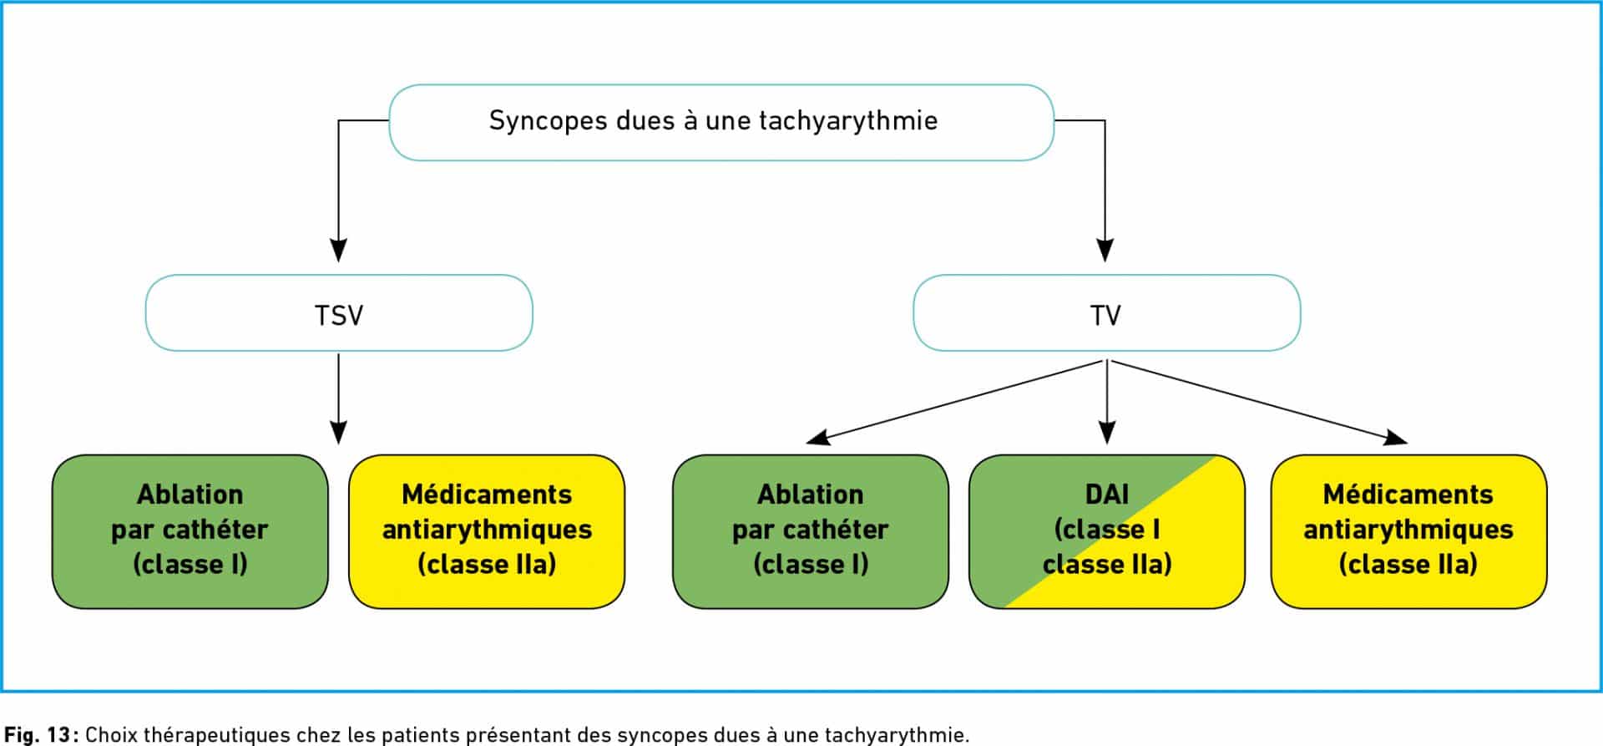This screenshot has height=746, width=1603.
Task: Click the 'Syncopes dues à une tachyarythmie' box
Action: (x=721, y=122)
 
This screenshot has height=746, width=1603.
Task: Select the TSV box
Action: (x=339, y=313)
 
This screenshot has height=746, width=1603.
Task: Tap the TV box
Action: (x=1106, y=313)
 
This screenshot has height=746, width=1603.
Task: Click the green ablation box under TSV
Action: (x=190, y=531)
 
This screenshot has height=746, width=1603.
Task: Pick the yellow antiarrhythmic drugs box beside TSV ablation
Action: (x=487, y=531)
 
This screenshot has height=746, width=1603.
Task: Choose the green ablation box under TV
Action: (x=811, y=531)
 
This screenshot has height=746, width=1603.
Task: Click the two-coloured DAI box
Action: (x=1107, y=531)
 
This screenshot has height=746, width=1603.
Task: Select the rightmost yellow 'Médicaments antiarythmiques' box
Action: (x=1408, y=531)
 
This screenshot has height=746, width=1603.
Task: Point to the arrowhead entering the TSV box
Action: (x=338, y=250)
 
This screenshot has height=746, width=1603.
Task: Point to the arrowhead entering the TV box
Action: (x=1105, y=250)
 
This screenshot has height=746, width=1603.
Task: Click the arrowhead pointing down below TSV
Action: (x=338, y=432)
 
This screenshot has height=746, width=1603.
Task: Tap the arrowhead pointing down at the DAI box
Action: (x=1107, y=432)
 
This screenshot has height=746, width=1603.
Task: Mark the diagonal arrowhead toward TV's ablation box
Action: (x=817, y=437)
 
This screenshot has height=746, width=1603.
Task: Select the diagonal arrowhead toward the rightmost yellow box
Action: (x=1396, y=437)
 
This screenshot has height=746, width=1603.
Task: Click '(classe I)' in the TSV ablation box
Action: (x=190, y=565)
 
